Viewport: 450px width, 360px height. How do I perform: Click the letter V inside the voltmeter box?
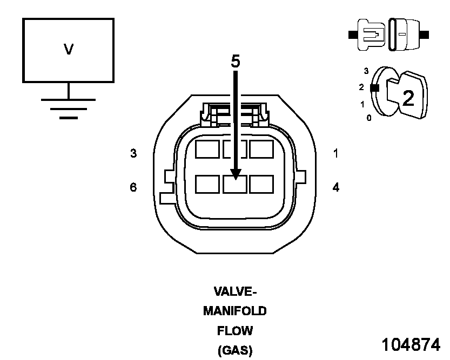69,50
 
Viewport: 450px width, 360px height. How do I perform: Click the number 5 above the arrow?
236,62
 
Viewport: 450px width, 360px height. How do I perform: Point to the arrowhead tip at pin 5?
236,178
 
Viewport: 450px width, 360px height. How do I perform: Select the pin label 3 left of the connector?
133,153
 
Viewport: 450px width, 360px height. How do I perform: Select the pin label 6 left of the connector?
133,187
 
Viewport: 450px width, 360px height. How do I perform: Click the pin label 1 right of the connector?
336,153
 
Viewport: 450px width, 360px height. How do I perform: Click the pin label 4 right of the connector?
336,187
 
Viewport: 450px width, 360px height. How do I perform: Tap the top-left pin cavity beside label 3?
207,149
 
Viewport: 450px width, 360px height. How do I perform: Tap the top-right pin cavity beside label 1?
261,149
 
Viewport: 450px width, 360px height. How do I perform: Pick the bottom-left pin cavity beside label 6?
207,184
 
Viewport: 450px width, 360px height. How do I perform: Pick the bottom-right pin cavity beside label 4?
261,184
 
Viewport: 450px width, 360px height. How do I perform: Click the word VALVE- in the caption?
235,292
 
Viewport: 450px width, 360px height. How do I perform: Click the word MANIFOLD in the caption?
235,311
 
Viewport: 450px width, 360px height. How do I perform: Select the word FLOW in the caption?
235,331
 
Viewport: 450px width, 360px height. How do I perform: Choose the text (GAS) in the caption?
235,350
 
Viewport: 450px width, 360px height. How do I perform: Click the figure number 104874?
411,345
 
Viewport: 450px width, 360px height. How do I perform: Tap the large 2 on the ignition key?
408,98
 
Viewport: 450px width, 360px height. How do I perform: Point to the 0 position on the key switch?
369,118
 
